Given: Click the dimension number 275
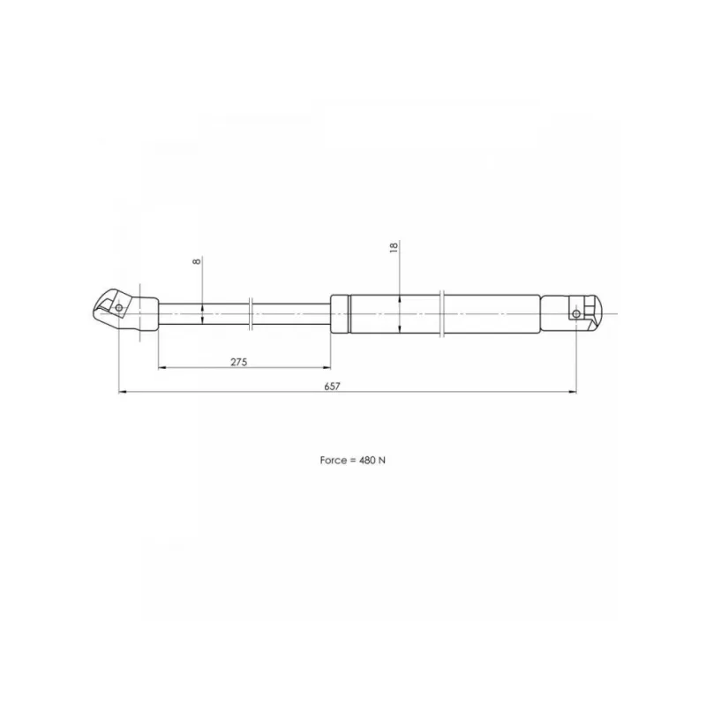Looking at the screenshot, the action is pyautogui.click(x=238, y=362).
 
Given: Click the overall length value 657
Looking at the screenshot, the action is pyautogui.click(x=333, y=387).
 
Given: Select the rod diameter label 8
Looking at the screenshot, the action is pyautogui.click(x=197, y=260).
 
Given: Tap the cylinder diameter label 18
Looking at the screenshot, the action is pyautogui.click(x=394, y=247).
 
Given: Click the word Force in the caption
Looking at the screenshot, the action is pyautogui.click(x=334, y=460).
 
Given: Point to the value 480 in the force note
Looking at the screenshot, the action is pyautogui.click(x=366, y=460).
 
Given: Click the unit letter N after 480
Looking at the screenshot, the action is pyautogui.click(x=382, y=460).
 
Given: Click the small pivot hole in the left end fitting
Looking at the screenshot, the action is pyautogui.click(x=119, y=308).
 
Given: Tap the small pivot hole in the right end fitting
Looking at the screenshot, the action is pyautogui.click(x=576, y=313).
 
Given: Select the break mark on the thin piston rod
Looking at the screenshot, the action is pyautogui.click(x=251, y=313).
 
